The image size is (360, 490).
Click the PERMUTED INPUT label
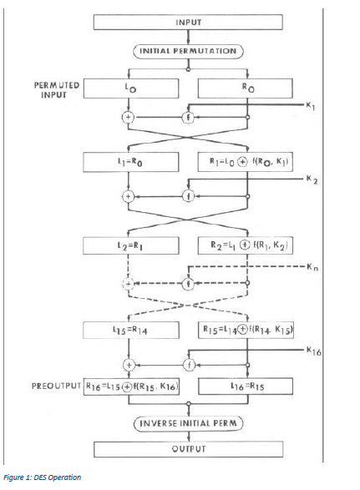pyautogui.click(x=57, y=89)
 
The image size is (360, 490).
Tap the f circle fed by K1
pyautogui.click(x=189, y=118)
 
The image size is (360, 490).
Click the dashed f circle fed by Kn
pyautogui.click(x=189, y=283)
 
